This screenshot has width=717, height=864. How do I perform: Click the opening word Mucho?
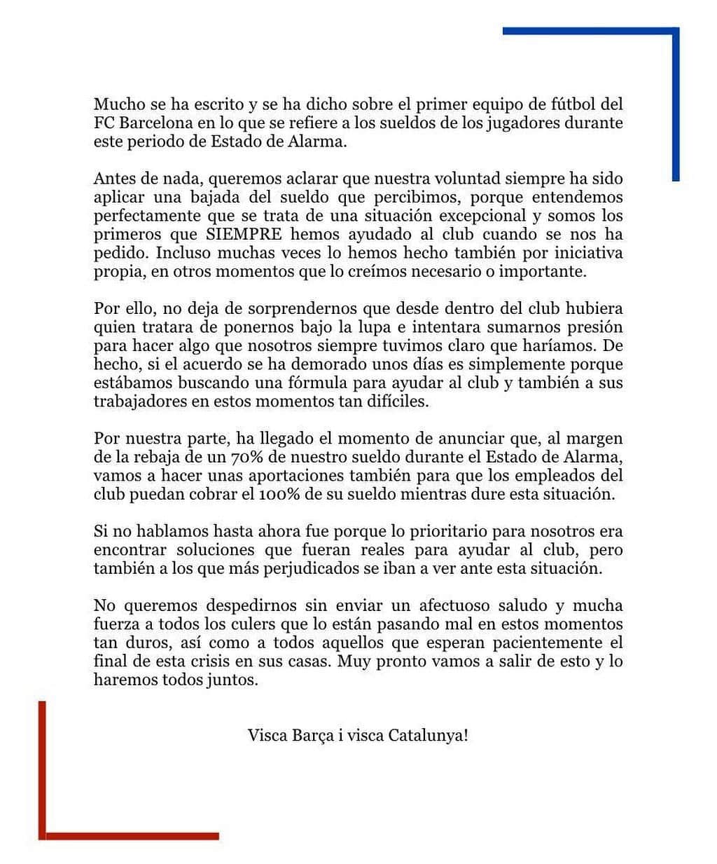point(116,104)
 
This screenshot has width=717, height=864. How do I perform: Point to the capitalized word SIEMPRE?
point(243,234)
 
